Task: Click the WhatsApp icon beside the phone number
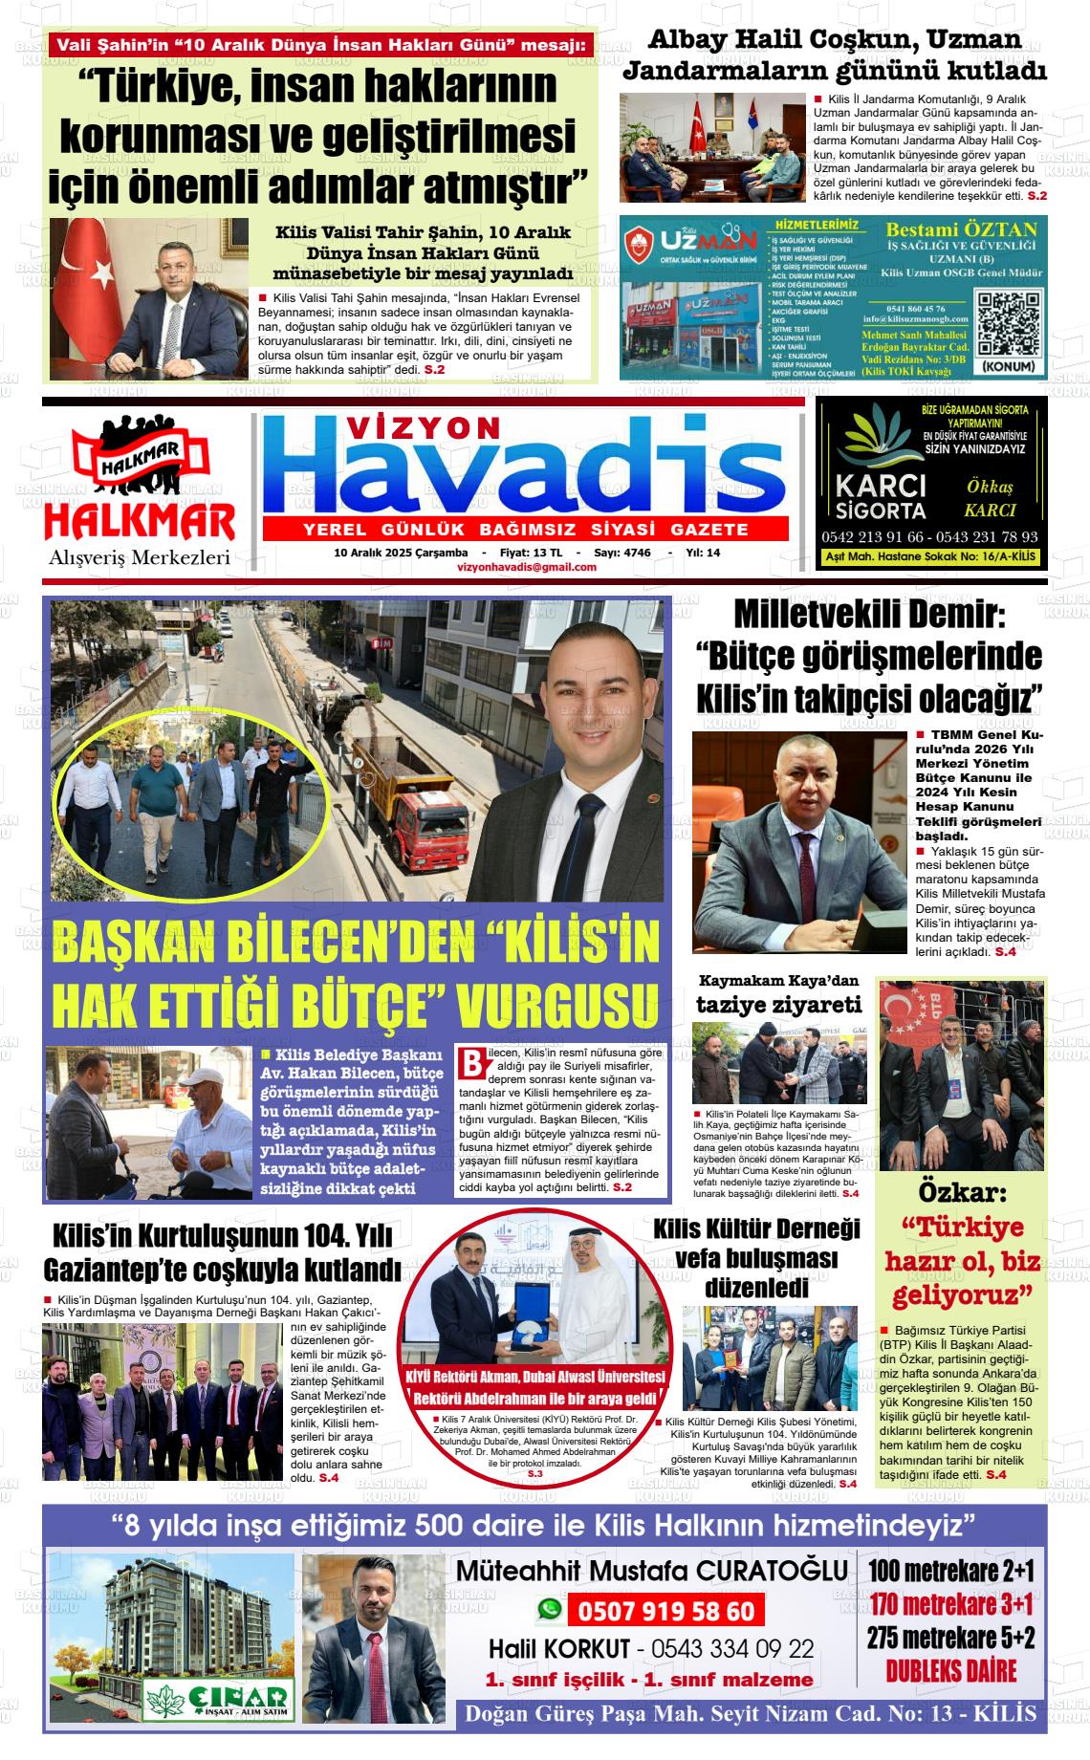pyautogui.click(x=549, y=1610)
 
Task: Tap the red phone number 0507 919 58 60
pyautogui.click(x=665, y=1612)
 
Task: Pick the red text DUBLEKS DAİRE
pyautogui.click(x=950, y=1698)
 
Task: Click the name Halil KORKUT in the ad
pyautogui.click(x=559, y=1649)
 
